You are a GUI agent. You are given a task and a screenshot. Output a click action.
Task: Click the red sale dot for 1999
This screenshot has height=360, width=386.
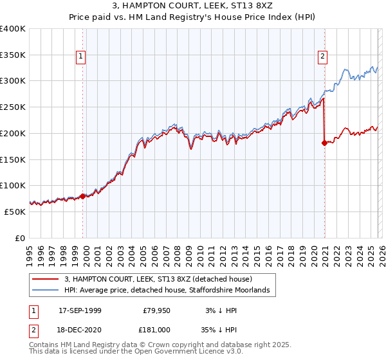point(83,196)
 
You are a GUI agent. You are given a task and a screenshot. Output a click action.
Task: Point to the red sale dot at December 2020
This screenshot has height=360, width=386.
point(324,143)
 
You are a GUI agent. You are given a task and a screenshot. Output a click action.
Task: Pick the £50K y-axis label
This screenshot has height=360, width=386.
point(15,212)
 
